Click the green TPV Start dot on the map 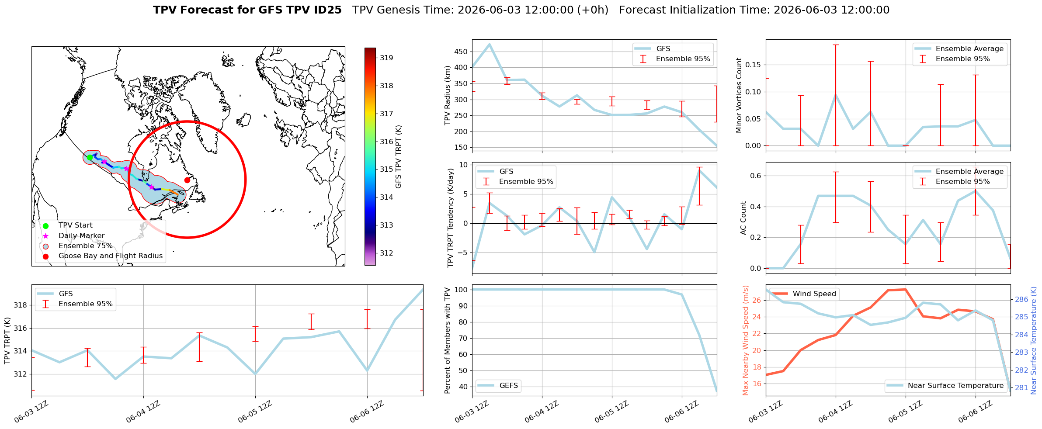90,157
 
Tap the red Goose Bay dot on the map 187,180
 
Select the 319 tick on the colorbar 386,58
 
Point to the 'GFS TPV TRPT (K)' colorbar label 398,157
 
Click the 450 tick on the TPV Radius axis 461,52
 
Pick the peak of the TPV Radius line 490,44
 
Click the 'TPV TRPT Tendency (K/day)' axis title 451,218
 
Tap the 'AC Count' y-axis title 743,218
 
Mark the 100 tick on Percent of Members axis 461,290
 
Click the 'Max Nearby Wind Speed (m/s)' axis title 746,340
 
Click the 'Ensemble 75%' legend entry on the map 85,246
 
